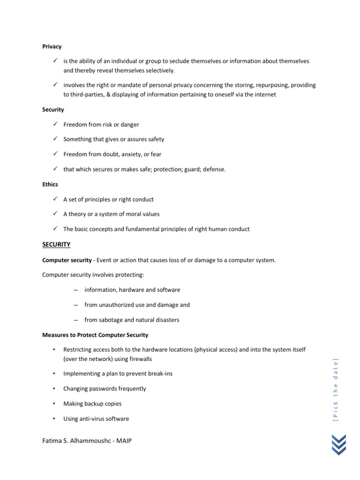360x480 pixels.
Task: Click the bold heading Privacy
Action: (x=52, y=46)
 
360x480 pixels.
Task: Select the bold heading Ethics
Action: (x=50, y=184)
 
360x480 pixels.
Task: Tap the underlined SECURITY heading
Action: (x=56, y=244)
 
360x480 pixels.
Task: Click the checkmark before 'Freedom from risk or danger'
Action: (x=55, y=124)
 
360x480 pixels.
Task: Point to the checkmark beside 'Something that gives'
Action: (x=55, y=139)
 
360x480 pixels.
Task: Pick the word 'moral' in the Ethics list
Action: (x=128, y=214)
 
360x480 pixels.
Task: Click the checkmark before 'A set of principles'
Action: (x=55, y=199)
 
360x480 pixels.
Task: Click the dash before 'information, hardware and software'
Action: (x=75, y=290)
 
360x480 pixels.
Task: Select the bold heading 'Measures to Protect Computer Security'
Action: (x=95, y=335)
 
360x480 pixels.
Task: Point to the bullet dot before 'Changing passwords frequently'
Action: (x=54, y=389)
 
